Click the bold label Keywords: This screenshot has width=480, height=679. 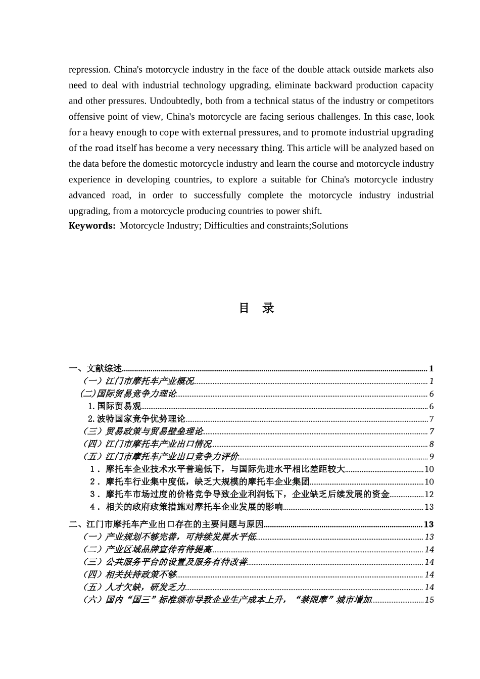92,226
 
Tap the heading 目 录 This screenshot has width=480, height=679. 256,308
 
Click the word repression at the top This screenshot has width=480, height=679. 89,70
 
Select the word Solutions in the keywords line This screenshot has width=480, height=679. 329,226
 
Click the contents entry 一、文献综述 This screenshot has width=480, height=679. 95,368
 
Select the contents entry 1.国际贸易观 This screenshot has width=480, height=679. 114,406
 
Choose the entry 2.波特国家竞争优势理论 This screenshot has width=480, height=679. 136,419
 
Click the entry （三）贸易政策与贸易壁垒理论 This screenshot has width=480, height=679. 143,431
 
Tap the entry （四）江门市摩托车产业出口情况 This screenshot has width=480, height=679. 147,444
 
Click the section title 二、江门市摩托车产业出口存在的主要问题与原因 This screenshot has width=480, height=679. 166,524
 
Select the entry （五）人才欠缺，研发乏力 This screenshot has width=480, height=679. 134,587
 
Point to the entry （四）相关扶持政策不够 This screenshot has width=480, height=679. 129,574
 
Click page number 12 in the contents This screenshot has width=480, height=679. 429,495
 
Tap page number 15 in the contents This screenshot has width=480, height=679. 429,600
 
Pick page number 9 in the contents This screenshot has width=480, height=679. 431,457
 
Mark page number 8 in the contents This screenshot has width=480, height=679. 431,444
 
